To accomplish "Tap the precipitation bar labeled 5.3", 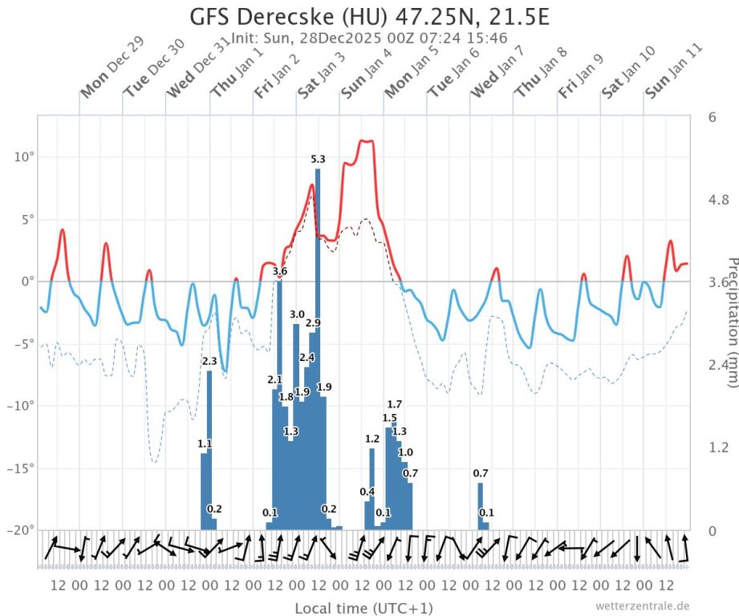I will coord(318,345).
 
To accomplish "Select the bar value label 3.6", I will coord(280,272).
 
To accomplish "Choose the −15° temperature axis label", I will coord(20,468).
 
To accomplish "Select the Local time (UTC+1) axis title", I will coord(363,608).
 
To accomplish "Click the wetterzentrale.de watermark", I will coord(642,606).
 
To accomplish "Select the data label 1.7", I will coord(394,404).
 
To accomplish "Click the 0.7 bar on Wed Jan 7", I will coord(480,505).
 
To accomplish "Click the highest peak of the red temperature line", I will coord(366,141).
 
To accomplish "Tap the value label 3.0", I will coord(297,314).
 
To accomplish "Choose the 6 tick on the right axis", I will coord(712,117).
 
